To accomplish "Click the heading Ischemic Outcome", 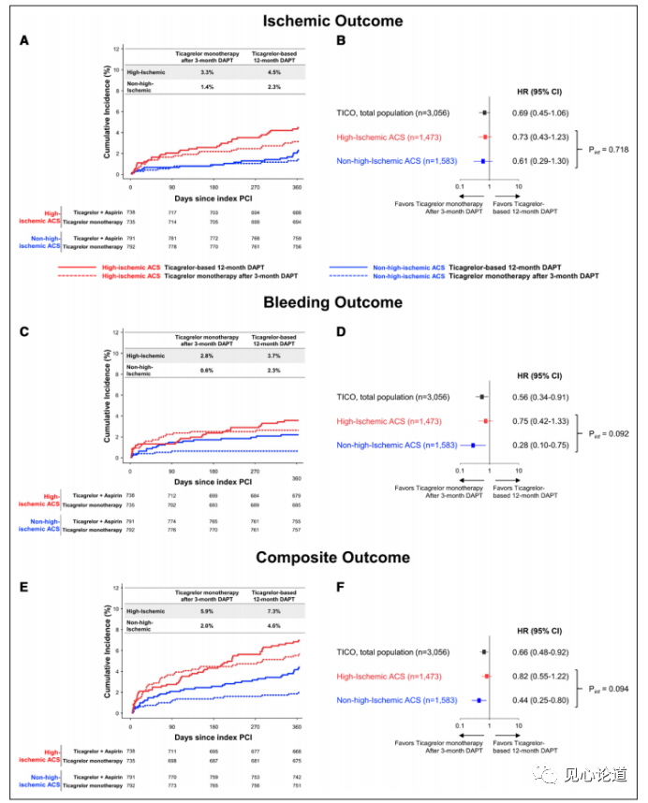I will (319, 21).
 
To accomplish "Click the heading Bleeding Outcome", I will (319, 302).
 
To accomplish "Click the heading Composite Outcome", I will (319, 558).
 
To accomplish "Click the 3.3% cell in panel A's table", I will (208, 71).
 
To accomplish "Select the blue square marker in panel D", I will (473, 445).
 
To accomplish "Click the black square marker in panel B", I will (485, 113).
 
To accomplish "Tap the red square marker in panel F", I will (487, 675).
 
